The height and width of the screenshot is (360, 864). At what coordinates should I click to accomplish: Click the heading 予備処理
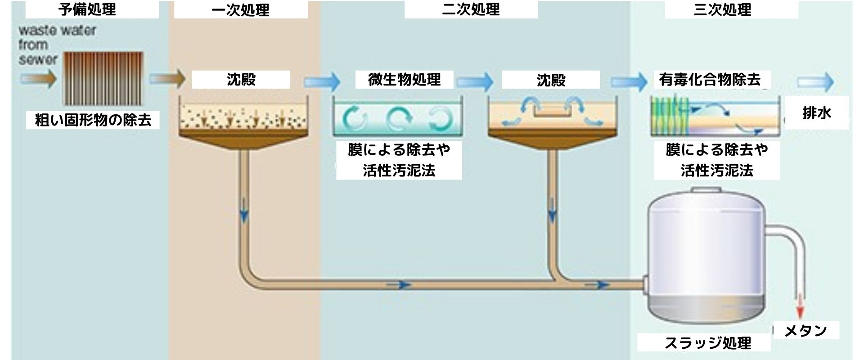click(87, 9)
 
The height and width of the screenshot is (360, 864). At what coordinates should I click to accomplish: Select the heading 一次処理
click(240, 9)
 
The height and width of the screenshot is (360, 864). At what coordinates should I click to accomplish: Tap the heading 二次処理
click(471, 9)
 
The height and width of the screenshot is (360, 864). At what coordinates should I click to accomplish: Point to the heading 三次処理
click(722, 9)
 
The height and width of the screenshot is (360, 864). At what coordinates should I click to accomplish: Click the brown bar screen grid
click(103, 79)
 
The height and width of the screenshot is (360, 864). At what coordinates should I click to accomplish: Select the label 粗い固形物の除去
click(93, 120)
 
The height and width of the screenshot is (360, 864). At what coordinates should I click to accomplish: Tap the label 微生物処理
click(404, 80)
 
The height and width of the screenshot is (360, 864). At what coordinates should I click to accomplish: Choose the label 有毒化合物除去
click(710, 80)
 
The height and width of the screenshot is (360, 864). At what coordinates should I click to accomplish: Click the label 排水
click(817, 113)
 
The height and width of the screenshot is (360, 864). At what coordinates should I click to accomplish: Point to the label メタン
click(805, 331)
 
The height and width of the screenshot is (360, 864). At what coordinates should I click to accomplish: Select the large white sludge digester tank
click(705, 256)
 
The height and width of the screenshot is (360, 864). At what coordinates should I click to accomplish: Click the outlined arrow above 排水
click(815, 82)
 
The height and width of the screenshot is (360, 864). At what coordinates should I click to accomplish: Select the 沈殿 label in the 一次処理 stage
click(241, 80)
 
